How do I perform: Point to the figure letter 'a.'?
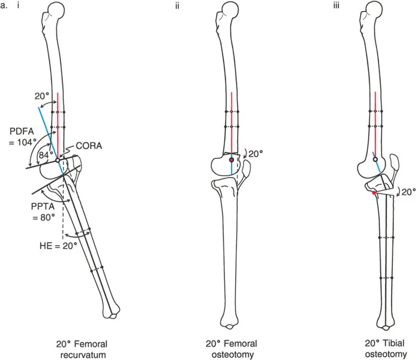click(8, 7)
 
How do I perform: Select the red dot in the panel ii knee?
click(232, 160)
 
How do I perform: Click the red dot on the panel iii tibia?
click(374, 193)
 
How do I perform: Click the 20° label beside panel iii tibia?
click(406, 193)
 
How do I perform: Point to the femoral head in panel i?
click(59, 10)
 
